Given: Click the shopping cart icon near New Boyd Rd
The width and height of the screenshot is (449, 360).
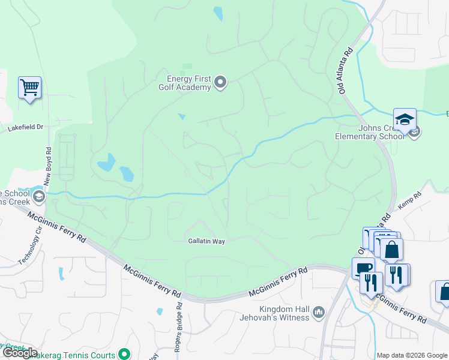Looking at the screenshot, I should (29, 88).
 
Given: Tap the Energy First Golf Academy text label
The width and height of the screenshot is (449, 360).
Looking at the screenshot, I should (188, 83).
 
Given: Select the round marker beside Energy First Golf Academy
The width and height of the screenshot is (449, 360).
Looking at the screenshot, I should (220, 82).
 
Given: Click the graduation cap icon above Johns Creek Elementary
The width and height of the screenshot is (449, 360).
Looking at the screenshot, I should (405, 118).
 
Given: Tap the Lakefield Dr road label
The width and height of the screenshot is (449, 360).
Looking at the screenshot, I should (26, 127).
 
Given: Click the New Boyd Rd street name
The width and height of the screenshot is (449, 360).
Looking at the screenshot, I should (49, 169).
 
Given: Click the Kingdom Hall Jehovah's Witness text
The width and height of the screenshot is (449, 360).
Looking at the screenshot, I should (275, 313).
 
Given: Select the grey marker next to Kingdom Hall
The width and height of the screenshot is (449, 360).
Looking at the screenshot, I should (318, 312).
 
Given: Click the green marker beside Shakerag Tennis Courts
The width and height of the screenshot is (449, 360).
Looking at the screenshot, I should (124, 354).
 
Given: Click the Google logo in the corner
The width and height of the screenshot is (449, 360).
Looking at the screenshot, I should (20, 353).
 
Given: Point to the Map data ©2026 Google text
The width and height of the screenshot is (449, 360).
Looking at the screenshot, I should (412, 355).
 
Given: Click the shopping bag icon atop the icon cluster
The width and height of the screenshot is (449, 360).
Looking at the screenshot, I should (391, 249).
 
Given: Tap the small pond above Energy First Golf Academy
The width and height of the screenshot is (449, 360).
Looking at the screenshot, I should (217, 13).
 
